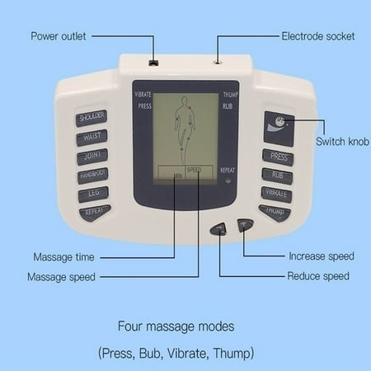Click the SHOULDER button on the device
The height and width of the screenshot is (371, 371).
pos(92,118)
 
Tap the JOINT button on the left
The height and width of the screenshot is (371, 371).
pos(92,157)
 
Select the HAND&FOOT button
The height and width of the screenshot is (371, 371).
pos(93,176)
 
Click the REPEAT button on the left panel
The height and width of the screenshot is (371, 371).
pos(95,213)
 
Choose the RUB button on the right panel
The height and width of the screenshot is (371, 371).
pos(277,175)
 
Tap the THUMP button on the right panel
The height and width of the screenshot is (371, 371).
pos(275,212)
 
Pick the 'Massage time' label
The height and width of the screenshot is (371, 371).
pos(63,256)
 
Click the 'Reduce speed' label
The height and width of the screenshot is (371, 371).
pos(317,276)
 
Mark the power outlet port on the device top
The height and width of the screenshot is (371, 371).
pos(153,62)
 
